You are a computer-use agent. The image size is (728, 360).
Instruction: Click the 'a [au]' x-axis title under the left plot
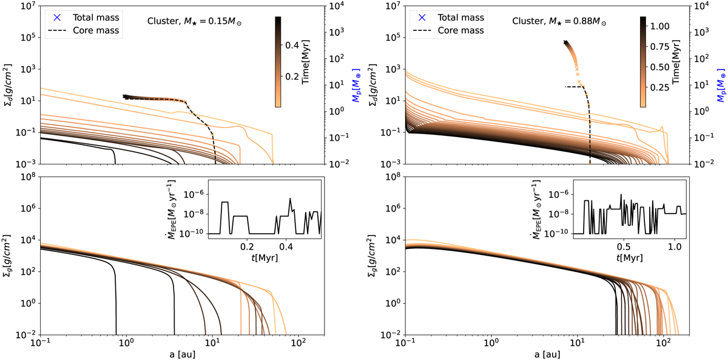[x=181, y=353]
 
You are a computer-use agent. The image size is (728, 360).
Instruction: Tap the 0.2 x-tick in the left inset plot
[x=246, y=247]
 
